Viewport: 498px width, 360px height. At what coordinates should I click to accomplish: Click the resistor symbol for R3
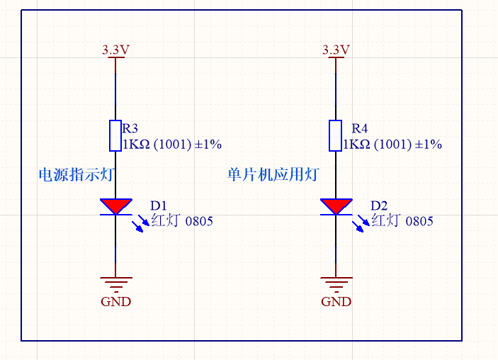point(115,135)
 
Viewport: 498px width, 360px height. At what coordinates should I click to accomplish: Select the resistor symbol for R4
point(336,135)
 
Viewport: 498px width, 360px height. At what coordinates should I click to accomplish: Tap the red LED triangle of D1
point(115,206)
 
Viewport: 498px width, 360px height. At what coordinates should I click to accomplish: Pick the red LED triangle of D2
point(336,206)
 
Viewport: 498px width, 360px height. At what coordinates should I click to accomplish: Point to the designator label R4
point(360,129)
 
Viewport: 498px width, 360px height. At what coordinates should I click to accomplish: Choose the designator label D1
point(158,206)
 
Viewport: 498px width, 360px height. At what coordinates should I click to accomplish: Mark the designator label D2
point(379,206)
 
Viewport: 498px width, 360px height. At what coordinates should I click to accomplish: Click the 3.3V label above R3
point(115,50)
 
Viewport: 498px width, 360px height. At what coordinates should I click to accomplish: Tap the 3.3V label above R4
point(336,50)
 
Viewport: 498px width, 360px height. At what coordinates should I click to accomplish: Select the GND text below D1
point(115,301)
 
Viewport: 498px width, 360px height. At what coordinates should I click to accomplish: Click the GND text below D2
point(336,301)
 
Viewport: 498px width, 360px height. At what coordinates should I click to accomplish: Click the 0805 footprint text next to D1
point(199,221)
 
